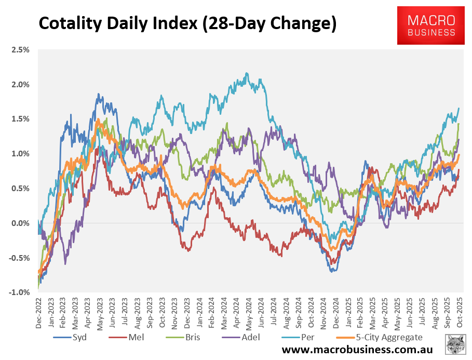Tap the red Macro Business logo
tap(431, 25)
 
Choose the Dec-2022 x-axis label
tap(38, 312)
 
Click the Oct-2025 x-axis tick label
tap(460, 312)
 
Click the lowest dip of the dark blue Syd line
tap(332, 271)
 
